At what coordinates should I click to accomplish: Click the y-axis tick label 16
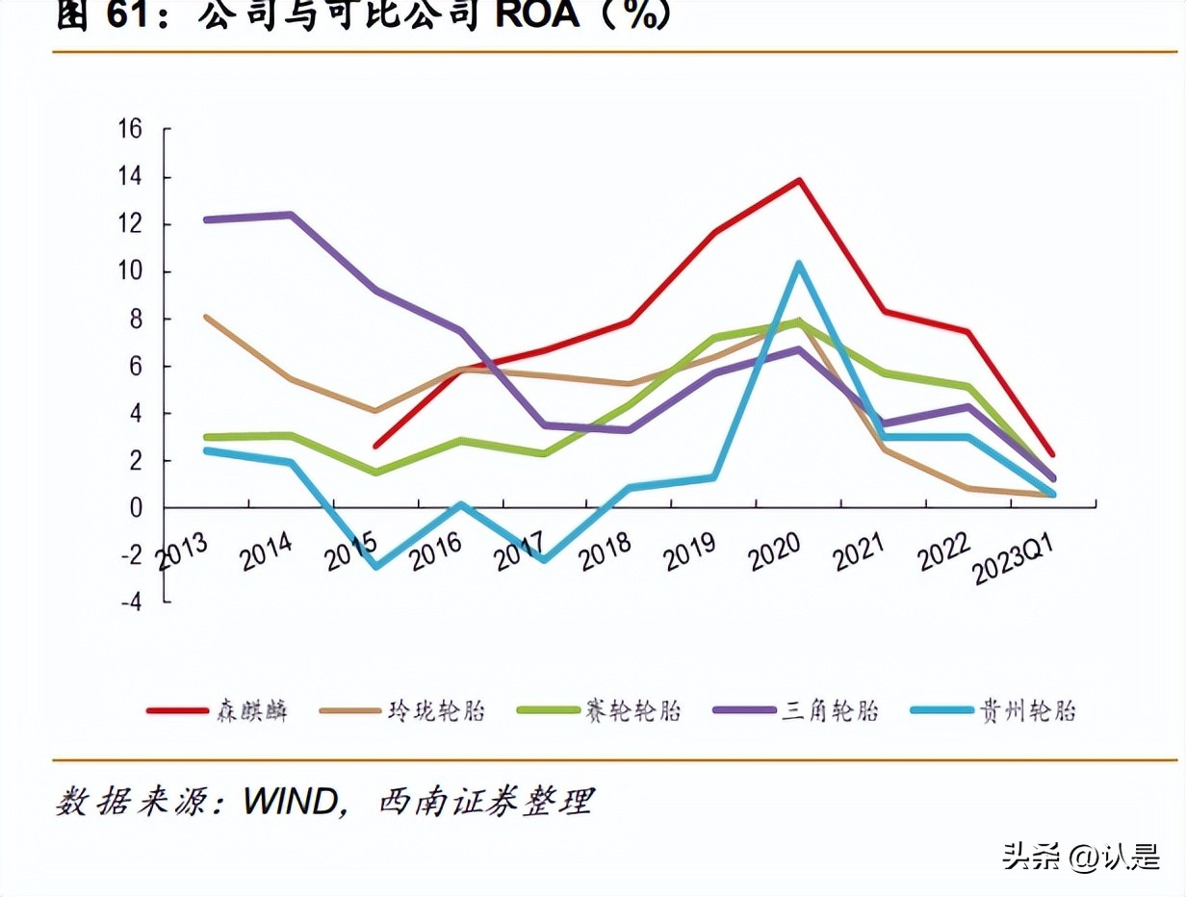tap(129, 129)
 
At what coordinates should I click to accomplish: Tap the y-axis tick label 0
tap(136, 507)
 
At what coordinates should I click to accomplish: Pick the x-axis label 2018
tap(606, 550)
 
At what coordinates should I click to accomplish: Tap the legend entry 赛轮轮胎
tap(632, 711)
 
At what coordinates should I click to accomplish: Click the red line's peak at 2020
tap(799, 180)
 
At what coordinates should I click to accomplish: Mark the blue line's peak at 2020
tap(798, 264)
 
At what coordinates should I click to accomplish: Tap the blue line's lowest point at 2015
tap(375, 566)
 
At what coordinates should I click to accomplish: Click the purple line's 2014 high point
tap(291, 215)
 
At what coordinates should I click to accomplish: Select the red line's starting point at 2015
tap(375, 446)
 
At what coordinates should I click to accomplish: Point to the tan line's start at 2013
tap(207, 317)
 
